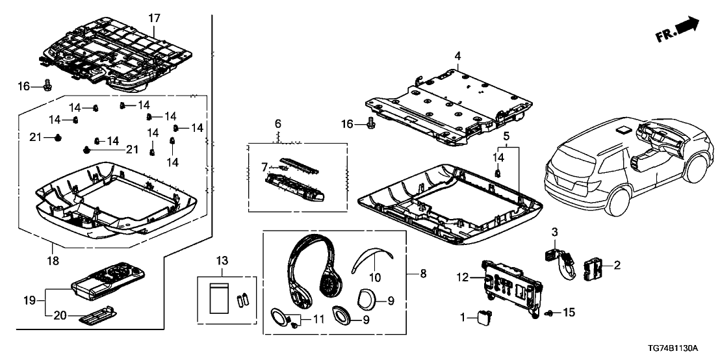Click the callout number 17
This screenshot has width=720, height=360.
[x=154, y=19]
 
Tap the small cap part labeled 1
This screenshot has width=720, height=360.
[x=483, y=317]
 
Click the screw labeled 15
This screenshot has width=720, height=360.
[x=550, y=314]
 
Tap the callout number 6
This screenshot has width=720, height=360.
[x=277, y=123]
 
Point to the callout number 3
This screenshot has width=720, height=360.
[x=554, y=232]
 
